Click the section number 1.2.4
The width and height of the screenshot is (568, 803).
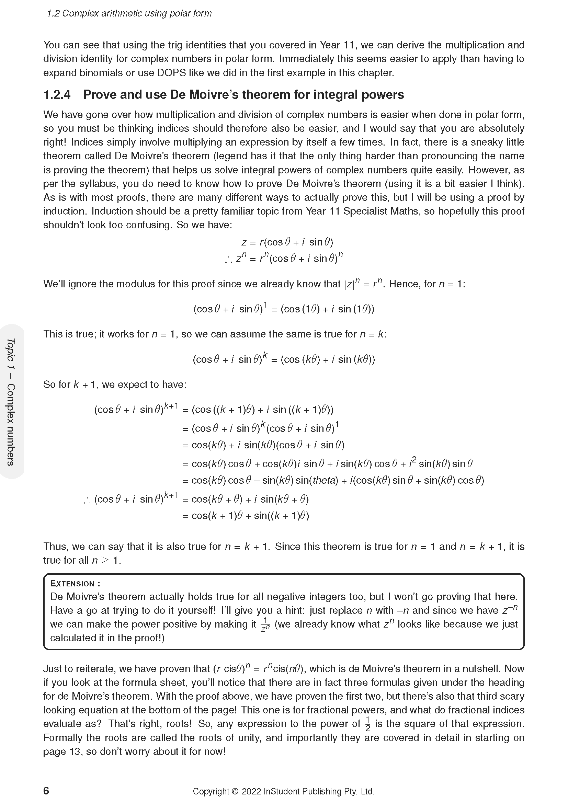(57, 95)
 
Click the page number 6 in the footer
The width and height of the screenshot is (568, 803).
(46, 791)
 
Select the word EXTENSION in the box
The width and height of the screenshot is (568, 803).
(72, 583)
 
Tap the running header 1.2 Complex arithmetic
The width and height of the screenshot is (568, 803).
(129, 14)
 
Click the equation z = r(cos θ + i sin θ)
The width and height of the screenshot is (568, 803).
(287, 242)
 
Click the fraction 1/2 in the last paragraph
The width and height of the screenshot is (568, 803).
(367, 724)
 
